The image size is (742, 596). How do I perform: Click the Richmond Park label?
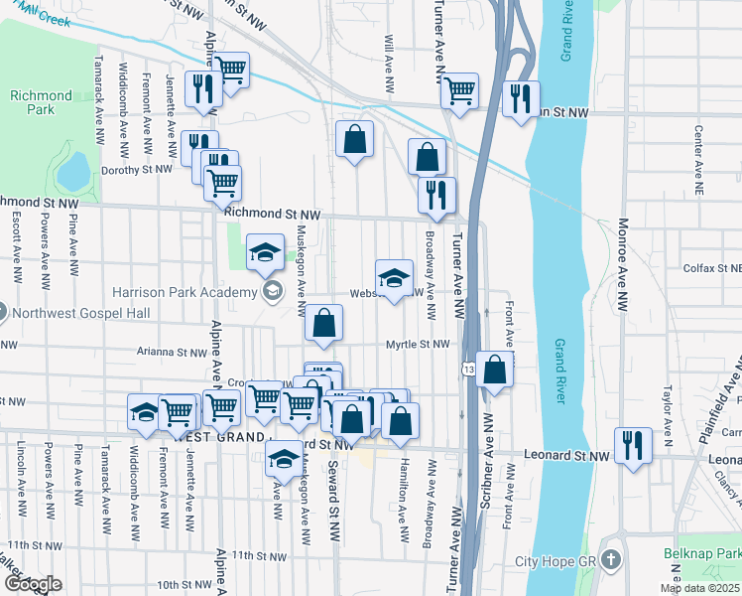coord(41,102)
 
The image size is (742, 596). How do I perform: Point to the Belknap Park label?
coord(701,551)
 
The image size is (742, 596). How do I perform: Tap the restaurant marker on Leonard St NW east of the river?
coord(633,444)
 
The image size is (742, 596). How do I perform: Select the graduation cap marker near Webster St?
coord(394,277)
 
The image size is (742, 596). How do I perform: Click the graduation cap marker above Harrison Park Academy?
coord(265,252)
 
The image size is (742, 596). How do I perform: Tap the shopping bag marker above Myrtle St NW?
coord(323,322)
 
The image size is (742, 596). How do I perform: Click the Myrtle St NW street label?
coord(419,345)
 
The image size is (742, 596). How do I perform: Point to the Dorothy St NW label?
coord(138,170)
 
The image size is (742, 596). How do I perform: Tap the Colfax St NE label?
coord(712,268)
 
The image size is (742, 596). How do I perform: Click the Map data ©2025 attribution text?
coord(699,588)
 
